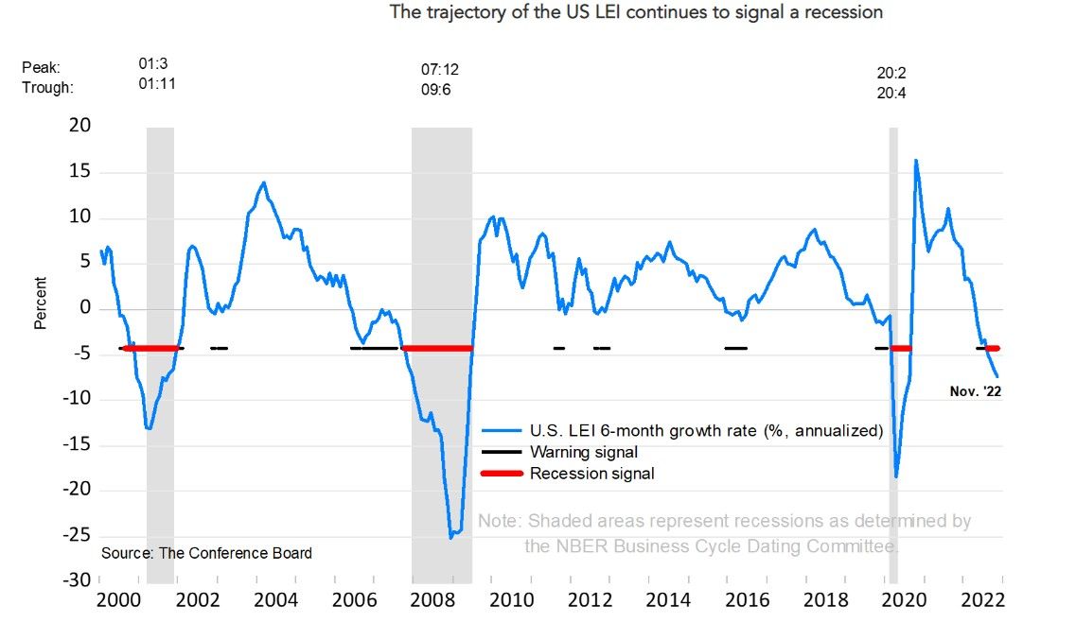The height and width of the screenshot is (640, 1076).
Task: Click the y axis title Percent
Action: tap(41, 303)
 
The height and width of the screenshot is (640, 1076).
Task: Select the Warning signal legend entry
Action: tap(583, 452)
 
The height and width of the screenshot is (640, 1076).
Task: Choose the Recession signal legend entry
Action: tap(591, 473)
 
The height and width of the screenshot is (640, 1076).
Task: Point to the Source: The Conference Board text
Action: tap(206, 553)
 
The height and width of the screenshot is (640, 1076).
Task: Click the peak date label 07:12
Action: tap(440, 70)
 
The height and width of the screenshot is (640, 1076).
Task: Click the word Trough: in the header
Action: tap(47, 87)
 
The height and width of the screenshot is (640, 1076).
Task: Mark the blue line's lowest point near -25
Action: tap(451, 537)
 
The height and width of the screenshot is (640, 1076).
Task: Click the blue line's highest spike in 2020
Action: tap(915, 161)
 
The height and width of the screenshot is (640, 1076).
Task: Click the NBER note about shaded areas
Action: tap(724, 533)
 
